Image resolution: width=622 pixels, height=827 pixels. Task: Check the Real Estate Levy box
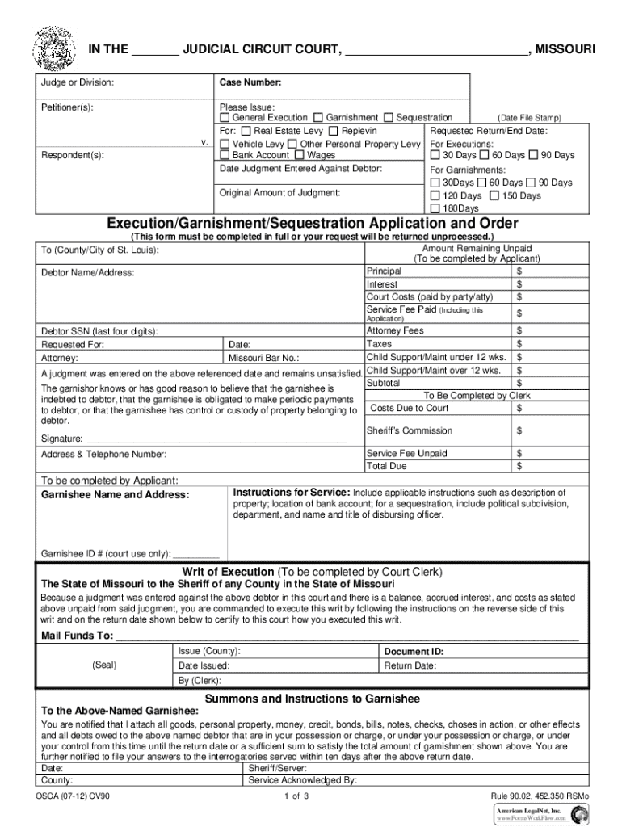click(x=246, y=131)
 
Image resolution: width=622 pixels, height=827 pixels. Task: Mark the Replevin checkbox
click(x=334, y=131)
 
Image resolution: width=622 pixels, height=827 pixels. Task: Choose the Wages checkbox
click(x=300, y=155)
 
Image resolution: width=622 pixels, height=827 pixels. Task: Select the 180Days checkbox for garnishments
click(x=435, y=208)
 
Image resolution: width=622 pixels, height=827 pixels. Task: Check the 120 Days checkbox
click(x=435, y=196)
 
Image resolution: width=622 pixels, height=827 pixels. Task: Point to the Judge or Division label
click(x=78, y=82)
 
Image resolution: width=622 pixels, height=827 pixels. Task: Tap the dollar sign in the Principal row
click(x=519, y=271)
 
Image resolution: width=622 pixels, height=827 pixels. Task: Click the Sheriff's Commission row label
click(x=410, y=430)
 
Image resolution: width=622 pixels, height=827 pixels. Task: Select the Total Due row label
click(x=387, y=466)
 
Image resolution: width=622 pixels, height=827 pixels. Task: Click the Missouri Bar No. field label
click(x=264, y=357)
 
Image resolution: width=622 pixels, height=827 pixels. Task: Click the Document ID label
click(x=414, y=651)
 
